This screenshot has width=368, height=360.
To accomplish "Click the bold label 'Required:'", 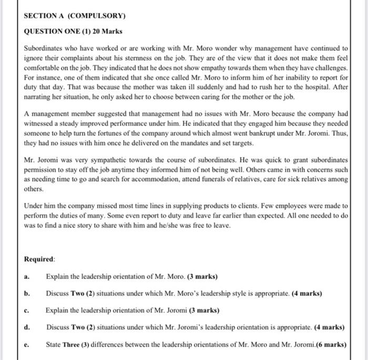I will click(x=39, y=259).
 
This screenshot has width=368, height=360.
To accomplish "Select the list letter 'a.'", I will click(x=27, y=276).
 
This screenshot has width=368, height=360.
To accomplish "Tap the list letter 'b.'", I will click(x=27, y=293).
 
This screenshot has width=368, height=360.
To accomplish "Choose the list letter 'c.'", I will click(x=27, y=310).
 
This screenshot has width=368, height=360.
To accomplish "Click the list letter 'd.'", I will click(x=27, y=327).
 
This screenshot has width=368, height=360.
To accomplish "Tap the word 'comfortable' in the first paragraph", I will click(x=44, y=68).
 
